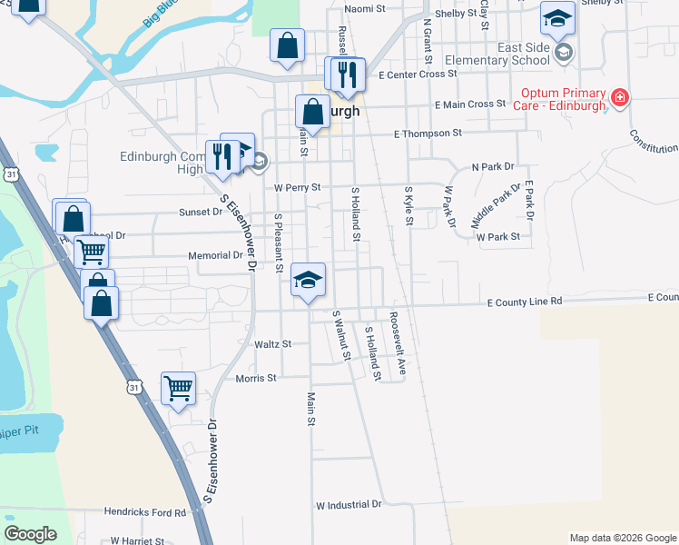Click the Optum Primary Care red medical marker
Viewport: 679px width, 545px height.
click(x=621, y=97)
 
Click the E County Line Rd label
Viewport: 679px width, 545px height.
click(x=525, y=301)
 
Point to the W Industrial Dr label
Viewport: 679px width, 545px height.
click(x=349, y=503)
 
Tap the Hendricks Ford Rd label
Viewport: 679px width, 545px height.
click(x=144, y=512)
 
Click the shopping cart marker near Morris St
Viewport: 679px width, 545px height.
click(x=178, y=389)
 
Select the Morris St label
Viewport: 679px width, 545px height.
click(x=255, y=378)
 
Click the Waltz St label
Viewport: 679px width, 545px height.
click(x=272, y=344)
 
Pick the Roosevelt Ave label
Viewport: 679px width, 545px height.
click(x=397, y=345)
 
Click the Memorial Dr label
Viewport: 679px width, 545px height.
click(x=215, y=255)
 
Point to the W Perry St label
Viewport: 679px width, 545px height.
click(x=298, y=187)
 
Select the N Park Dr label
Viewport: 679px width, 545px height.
click(x=492, y=167)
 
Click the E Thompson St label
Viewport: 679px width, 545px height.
click(x=428, y=134)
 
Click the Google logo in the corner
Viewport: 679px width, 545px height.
click(x=30, y=534)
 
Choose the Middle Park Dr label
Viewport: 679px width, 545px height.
click(x=496, y=205)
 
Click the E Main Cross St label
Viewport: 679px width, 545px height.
click(x=469, y=104)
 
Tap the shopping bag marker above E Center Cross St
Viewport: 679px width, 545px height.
click(x=287, y=47)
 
